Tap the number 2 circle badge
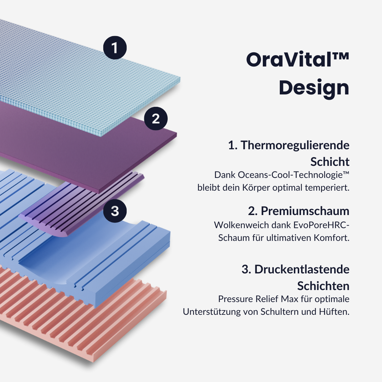pos(156,118)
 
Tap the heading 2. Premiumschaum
pos(299,211)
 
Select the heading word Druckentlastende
pos(302,269)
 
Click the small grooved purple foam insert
pos(81,209)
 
